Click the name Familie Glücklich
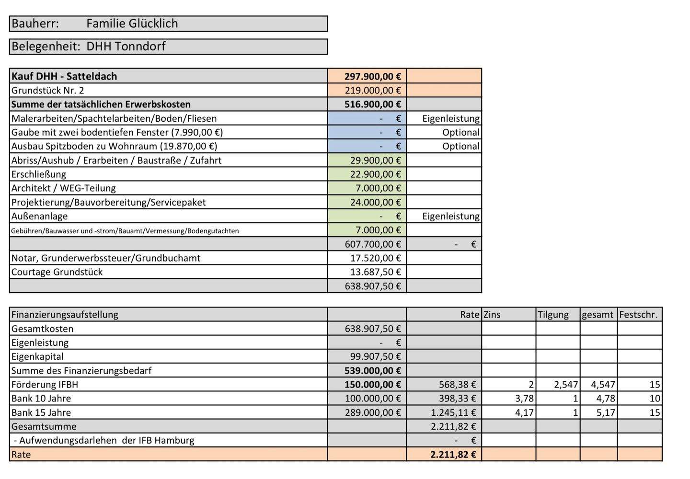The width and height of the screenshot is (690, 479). (132, 23)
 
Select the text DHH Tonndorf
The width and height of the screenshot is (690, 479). (126, 46)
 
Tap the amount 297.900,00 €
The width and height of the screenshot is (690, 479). (373, 76)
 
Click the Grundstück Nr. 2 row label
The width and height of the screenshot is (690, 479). (47, 91)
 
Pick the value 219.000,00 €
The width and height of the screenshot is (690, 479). (373, 91)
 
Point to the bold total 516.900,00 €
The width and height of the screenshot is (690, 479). (373, 104)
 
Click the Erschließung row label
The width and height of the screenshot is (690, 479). (39, 174)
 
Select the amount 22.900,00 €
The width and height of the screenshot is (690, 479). (375, 174)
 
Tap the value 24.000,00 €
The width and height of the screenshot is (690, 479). (375, 202)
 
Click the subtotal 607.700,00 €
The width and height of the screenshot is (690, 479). (373, 244)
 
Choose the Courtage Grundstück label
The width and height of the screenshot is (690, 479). (57, 272)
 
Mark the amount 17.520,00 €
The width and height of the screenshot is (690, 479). (375, 258)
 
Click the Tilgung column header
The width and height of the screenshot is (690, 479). (553, 315)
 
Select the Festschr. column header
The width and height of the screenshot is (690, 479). (638, 315)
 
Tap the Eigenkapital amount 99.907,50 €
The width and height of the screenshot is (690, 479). (375, 356)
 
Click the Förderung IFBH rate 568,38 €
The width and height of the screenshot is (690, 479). (457, 385)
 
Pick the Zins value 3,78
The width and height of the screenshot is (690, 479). (524, 399)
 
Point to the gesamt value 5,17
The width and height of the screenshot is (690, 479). (606, 412)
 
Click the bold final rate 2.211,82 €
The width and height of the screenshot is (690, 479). (453, 455)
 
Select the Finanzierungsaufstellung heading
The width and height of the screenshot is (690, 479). (65, 315)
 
